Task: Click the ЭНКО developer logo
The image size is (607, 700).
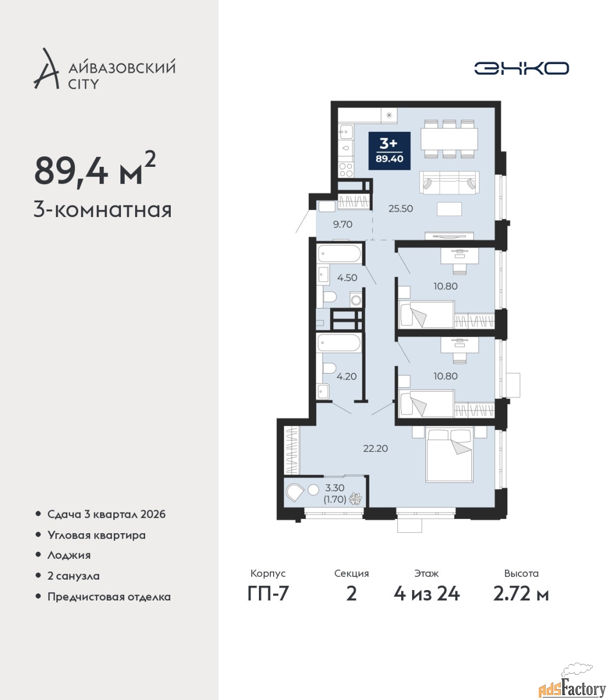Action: point(521,68)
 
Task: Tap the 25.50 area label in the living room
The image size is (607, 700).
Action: point(401,208)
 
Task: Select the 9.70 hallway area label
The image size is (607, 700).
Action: point(343,224)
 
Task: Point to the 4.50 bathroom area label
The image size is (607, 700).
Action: point(347,278)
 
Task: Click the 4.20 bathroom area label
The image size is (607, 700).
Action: point(346,376)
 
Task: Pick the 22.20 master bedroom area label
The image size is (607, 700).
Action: point(375,448)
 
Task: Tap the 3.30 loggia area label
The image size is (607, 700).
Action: point(335,488)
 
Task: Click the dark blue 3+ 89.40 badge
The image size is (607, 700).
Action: point(389,151)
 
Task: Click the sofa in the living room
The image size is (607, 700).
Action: point(449,183)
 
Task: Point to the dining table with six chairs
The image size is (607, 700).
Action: point(449,139)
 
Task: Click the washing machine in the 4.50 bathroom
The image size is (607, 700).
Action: point(356,300)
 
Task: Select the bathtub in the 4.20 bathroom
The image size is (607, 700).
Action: point(339,343)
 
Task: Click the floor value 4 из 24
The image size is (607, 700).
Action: point(427,594)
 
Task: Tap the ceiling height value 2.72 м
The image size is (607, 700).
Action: point(521,594)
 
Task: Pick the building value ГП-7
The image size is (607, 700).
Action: point(268,594)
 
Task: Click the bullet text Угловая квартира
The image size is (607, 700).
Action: point(96,535)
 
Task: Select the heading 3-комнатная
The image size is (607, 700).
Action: point(103,211)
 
